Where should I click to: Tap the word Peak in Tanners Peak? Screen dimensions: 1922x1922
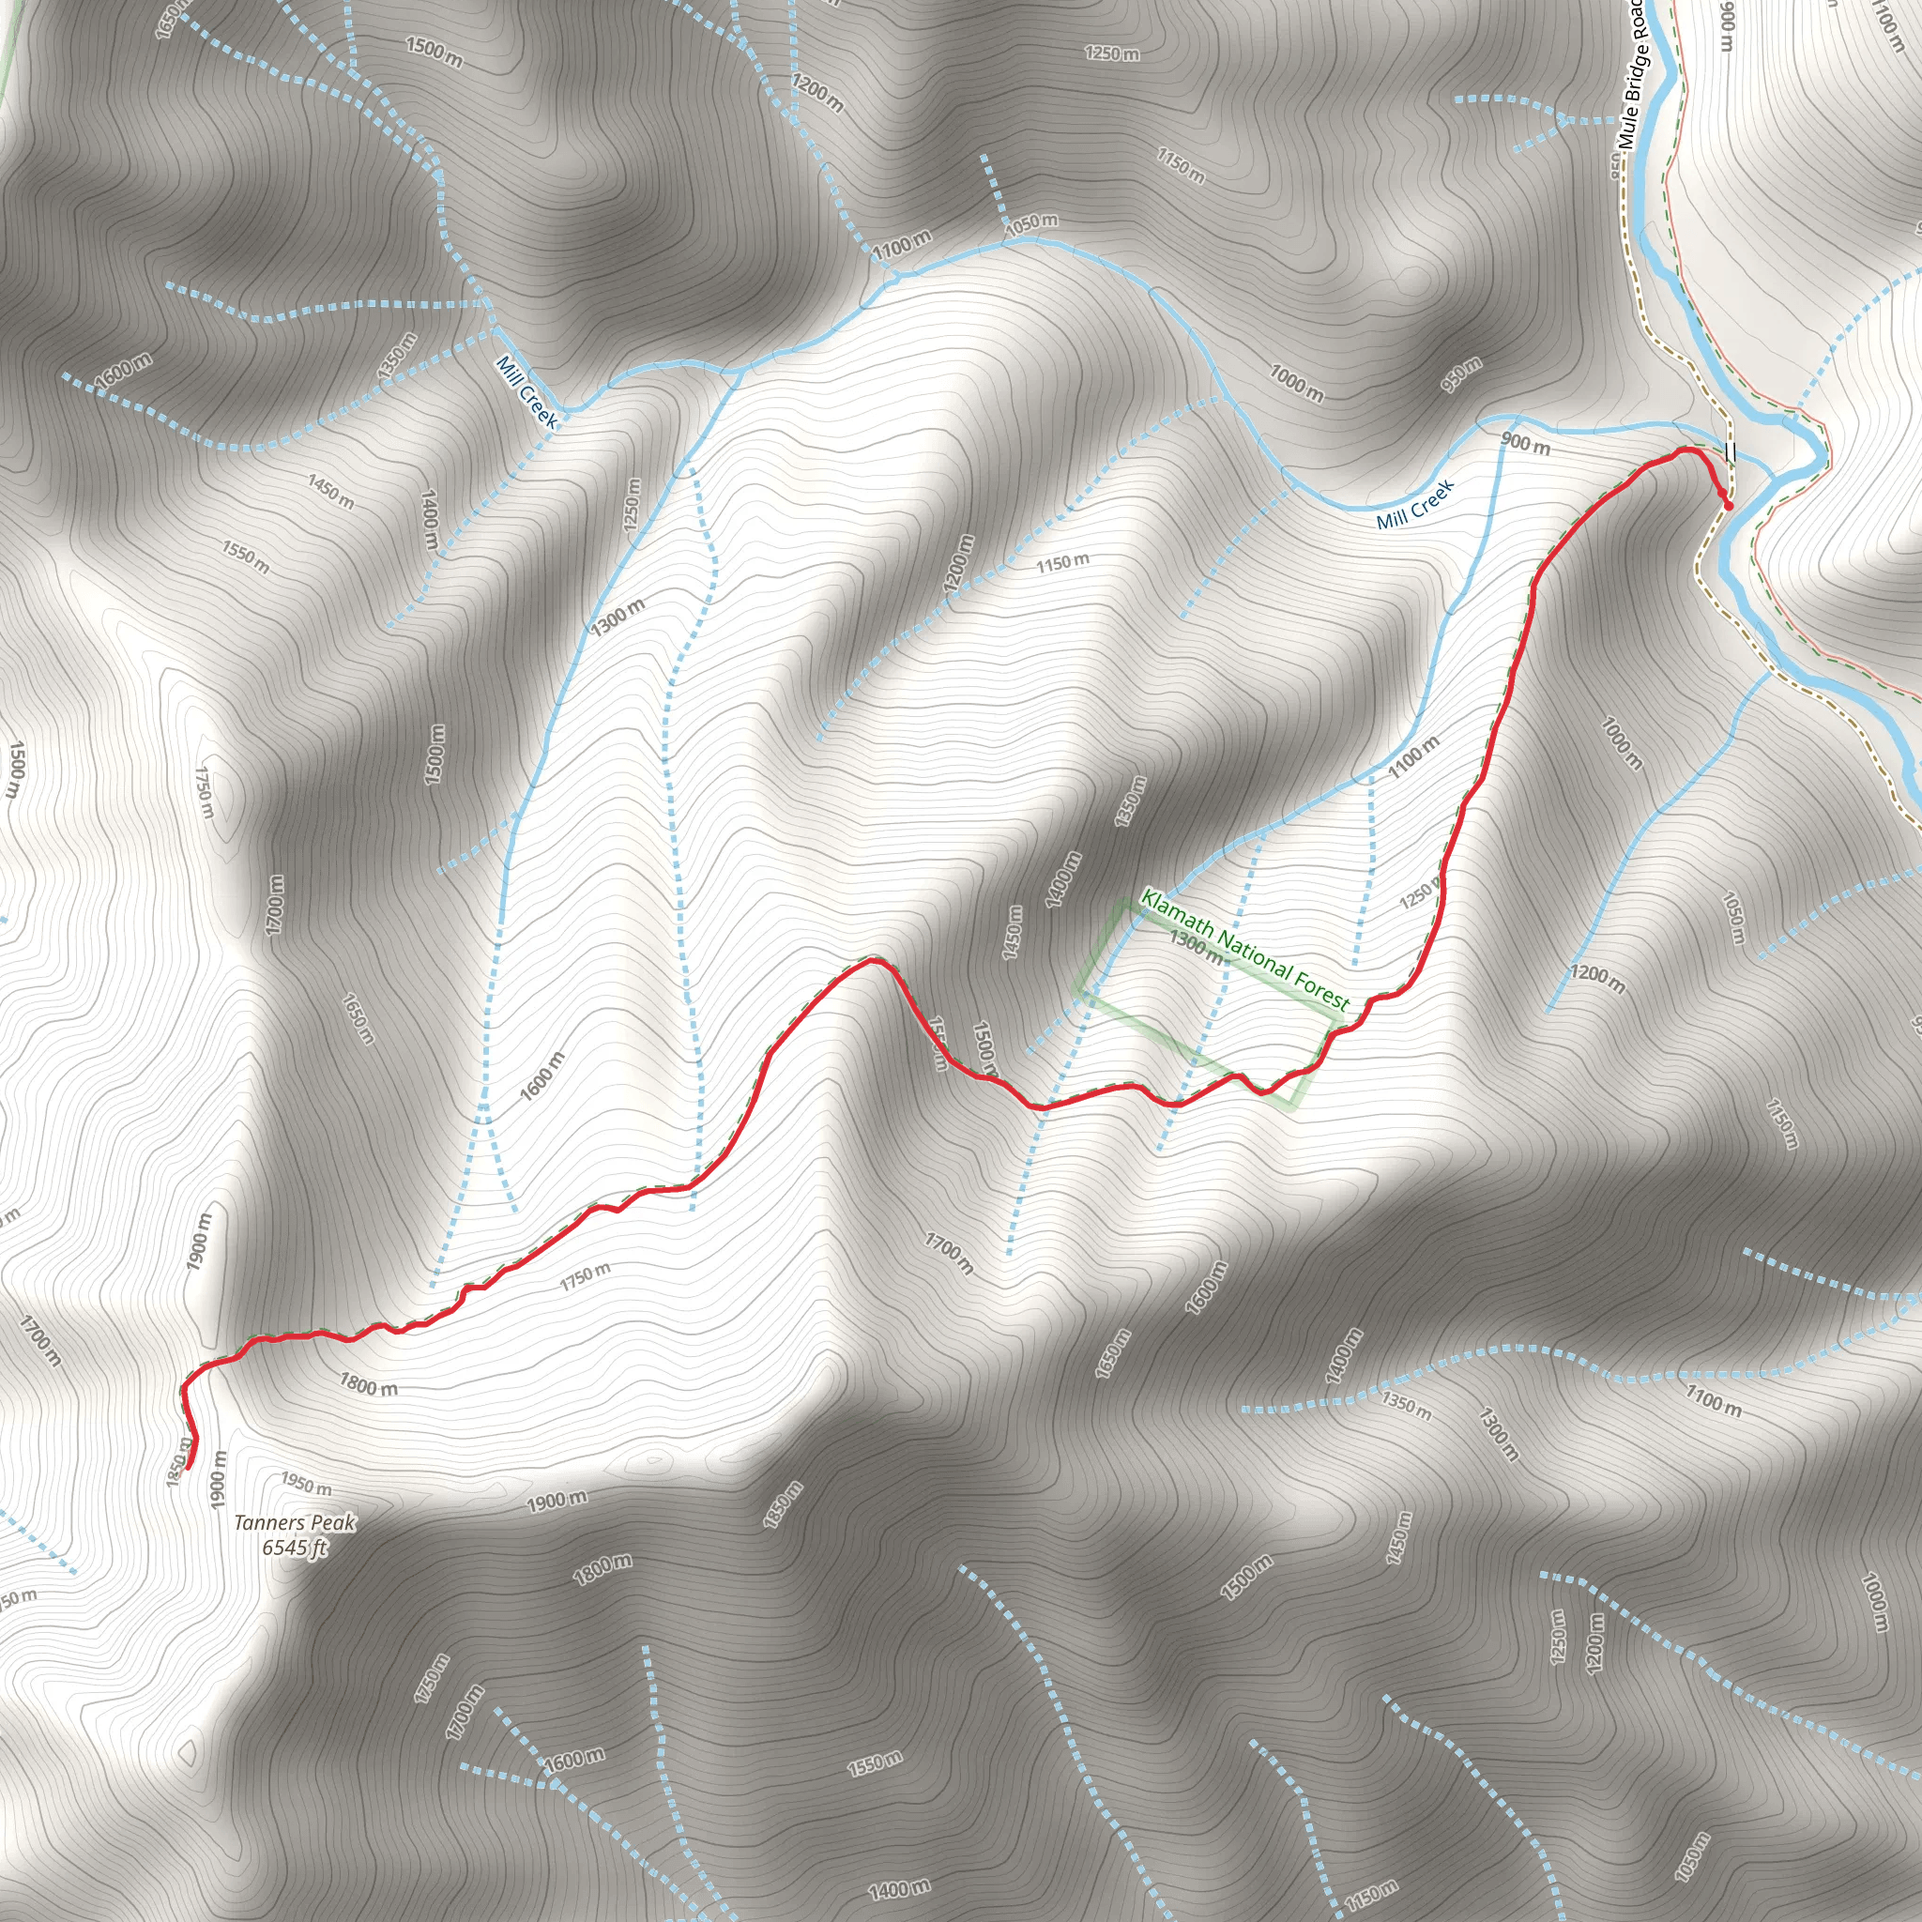click(332, 1523)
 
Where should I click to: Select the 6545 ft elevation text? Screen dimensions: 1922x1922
click(295, 1548)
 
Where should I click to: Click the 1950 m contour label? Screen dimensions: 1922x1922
click(305, 1487)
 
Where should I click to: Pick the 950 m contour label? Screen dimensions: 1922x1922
click(1461, 375)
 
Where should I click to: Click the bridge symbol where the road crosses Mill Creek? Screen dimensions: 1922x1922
click(1729, 452)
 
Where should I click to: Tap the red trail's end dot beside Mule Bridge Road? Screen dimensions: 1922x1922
click(1729, 507)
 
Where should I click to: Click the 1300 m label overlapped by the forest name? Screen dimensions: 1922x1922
click(1195, 947)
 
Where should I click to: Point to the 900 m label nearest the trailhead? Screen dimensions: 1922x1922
click(1525, 445)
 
